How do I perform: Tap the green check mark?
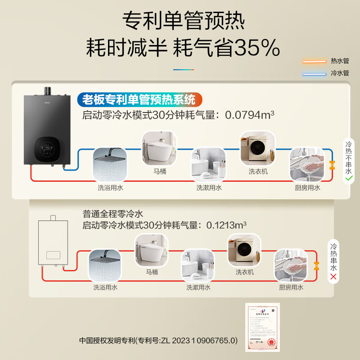point(348,179)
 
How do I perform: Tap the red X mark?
point(333,276)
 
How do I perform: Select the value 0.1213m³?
point(226,225)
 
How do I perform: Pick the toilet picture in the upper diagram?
point(157,147)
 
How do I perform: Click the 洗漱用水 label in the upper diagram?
point(209,188)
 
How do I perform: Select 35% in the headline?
point(256,47)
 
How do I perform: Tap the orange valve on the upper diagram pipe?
point(333,165)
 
